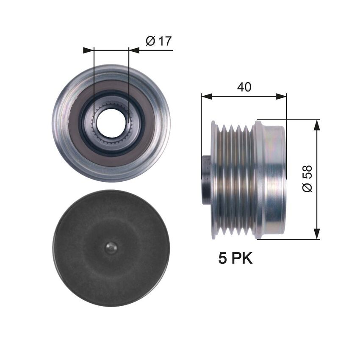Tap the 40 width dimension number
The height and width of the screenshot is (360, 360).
244,87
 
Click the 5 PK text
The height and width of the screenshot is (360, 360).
235,258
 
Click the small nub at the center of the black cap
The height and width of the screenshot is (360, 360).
111,248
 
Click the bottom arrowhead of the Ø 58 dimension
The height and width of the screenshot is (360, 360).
316,234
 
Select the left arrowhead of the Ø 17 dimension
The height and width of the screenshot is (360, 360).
88,50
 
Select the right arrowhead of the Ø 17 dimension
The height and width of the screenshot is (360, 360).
134,50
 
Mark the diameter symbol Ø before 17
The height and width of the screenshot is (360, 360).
150,41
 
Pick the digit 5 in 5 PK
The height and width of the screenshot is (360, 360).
222,258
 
